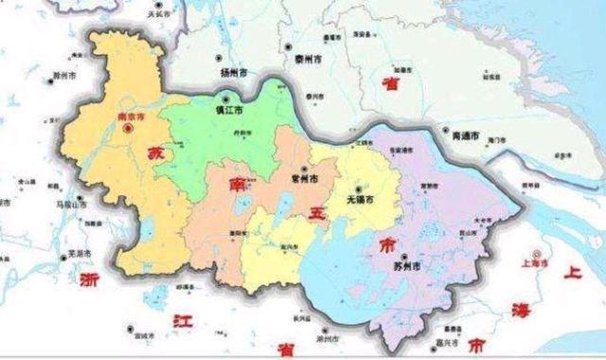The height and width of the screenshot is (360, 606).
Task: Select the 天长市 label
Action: pos(156,16)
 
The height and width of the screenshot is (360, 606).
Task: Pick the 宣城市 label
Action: pos(144,334)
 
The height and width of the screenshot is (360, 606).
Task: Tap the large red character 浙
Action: pos(90,280)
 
